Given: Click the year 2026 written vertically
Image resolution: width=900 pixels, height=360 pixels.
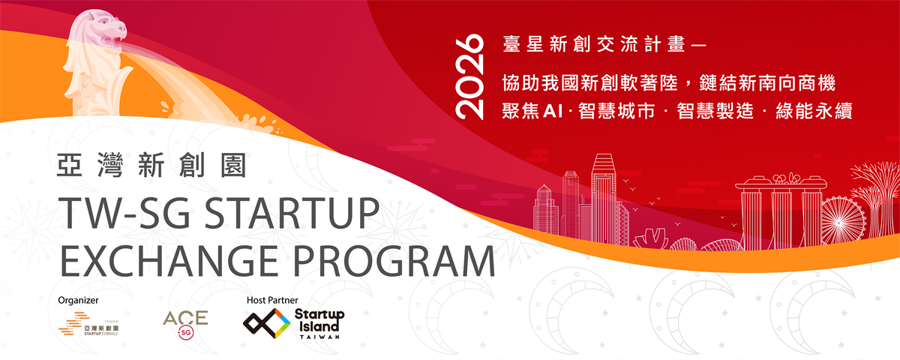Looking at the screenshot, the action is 469,76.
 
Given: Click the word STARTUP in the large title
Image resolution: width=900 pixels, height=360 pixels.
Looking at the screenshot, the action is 292,213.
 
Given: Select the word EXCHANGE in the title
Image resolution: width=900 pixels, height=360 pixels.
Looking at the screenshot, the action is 169,261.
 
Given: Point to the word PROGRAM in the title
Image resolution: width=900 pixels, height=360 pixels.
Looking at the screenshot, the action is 394,261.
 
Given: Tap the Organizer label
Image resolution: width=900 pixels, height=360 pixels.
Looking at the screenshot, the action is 78,300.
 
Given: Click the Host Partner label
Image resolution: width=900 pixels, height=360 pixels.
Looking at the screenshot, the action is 272,300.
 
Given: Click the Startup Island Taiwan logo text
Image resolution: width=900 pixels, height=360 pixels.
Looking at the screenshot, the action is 319,324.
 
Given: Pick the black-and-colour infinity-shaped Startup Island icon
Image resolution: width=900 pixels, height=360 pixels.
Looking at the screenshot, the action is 267,323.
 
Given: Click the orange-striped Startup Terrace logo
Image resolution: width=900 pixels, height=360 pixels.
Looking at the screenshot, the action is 88,324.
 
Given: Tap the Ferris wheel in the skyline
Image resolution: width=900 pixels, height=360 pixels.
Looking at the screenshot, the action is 842,220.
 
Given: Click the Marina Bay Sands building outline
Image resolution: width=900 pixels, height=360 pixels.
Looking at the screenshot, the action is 781,211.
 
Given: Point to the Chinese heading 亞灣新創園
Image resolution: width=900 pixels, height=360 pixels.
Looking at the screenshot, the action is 151,165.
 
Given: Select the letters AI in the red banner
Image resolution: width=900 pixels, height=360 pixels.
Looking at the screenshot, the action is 553,111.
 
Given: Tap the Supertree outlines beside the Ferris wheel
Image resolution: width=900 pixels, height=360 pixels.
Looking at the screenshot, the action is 876,201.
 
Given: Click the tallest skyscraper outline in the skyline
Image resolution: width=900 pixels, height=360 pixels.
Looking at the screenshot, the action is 603,199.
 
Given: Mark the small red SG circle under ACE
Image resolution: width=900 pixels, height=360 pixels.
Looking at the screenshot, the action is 186,333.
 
